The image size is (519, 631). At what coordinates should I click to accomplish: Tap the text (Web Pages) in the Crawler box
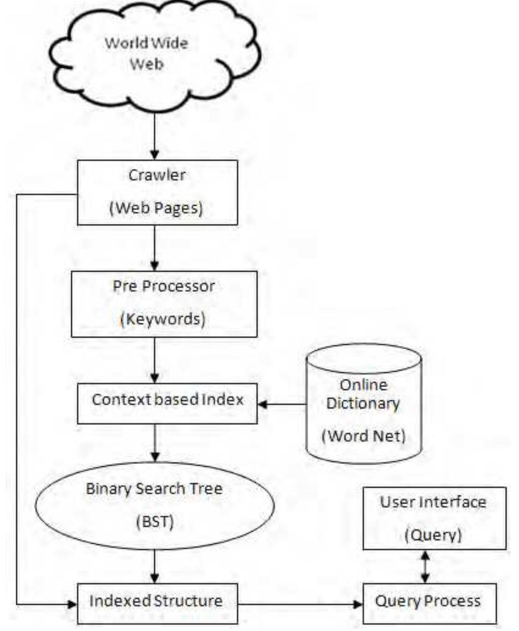(156, 208)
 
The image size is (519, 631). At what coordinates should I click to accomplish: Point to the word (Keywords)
(163, 319)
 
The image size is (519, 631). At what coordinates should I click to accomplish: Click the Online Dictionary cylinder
(364, 404)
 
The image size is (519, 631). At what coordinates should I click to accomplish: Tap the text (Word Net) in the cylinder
(364, 435)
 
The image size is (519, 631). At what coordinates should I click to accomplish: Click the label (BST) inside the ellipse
(155, 521)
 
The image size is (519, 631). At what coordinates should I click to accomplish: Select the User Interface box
(434, 517)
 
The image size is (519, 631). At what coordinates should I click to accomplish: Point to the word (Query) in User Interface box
(433, 535)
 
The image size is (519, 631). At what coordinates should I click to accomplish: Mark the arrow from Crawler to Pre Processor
(155, 248)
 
